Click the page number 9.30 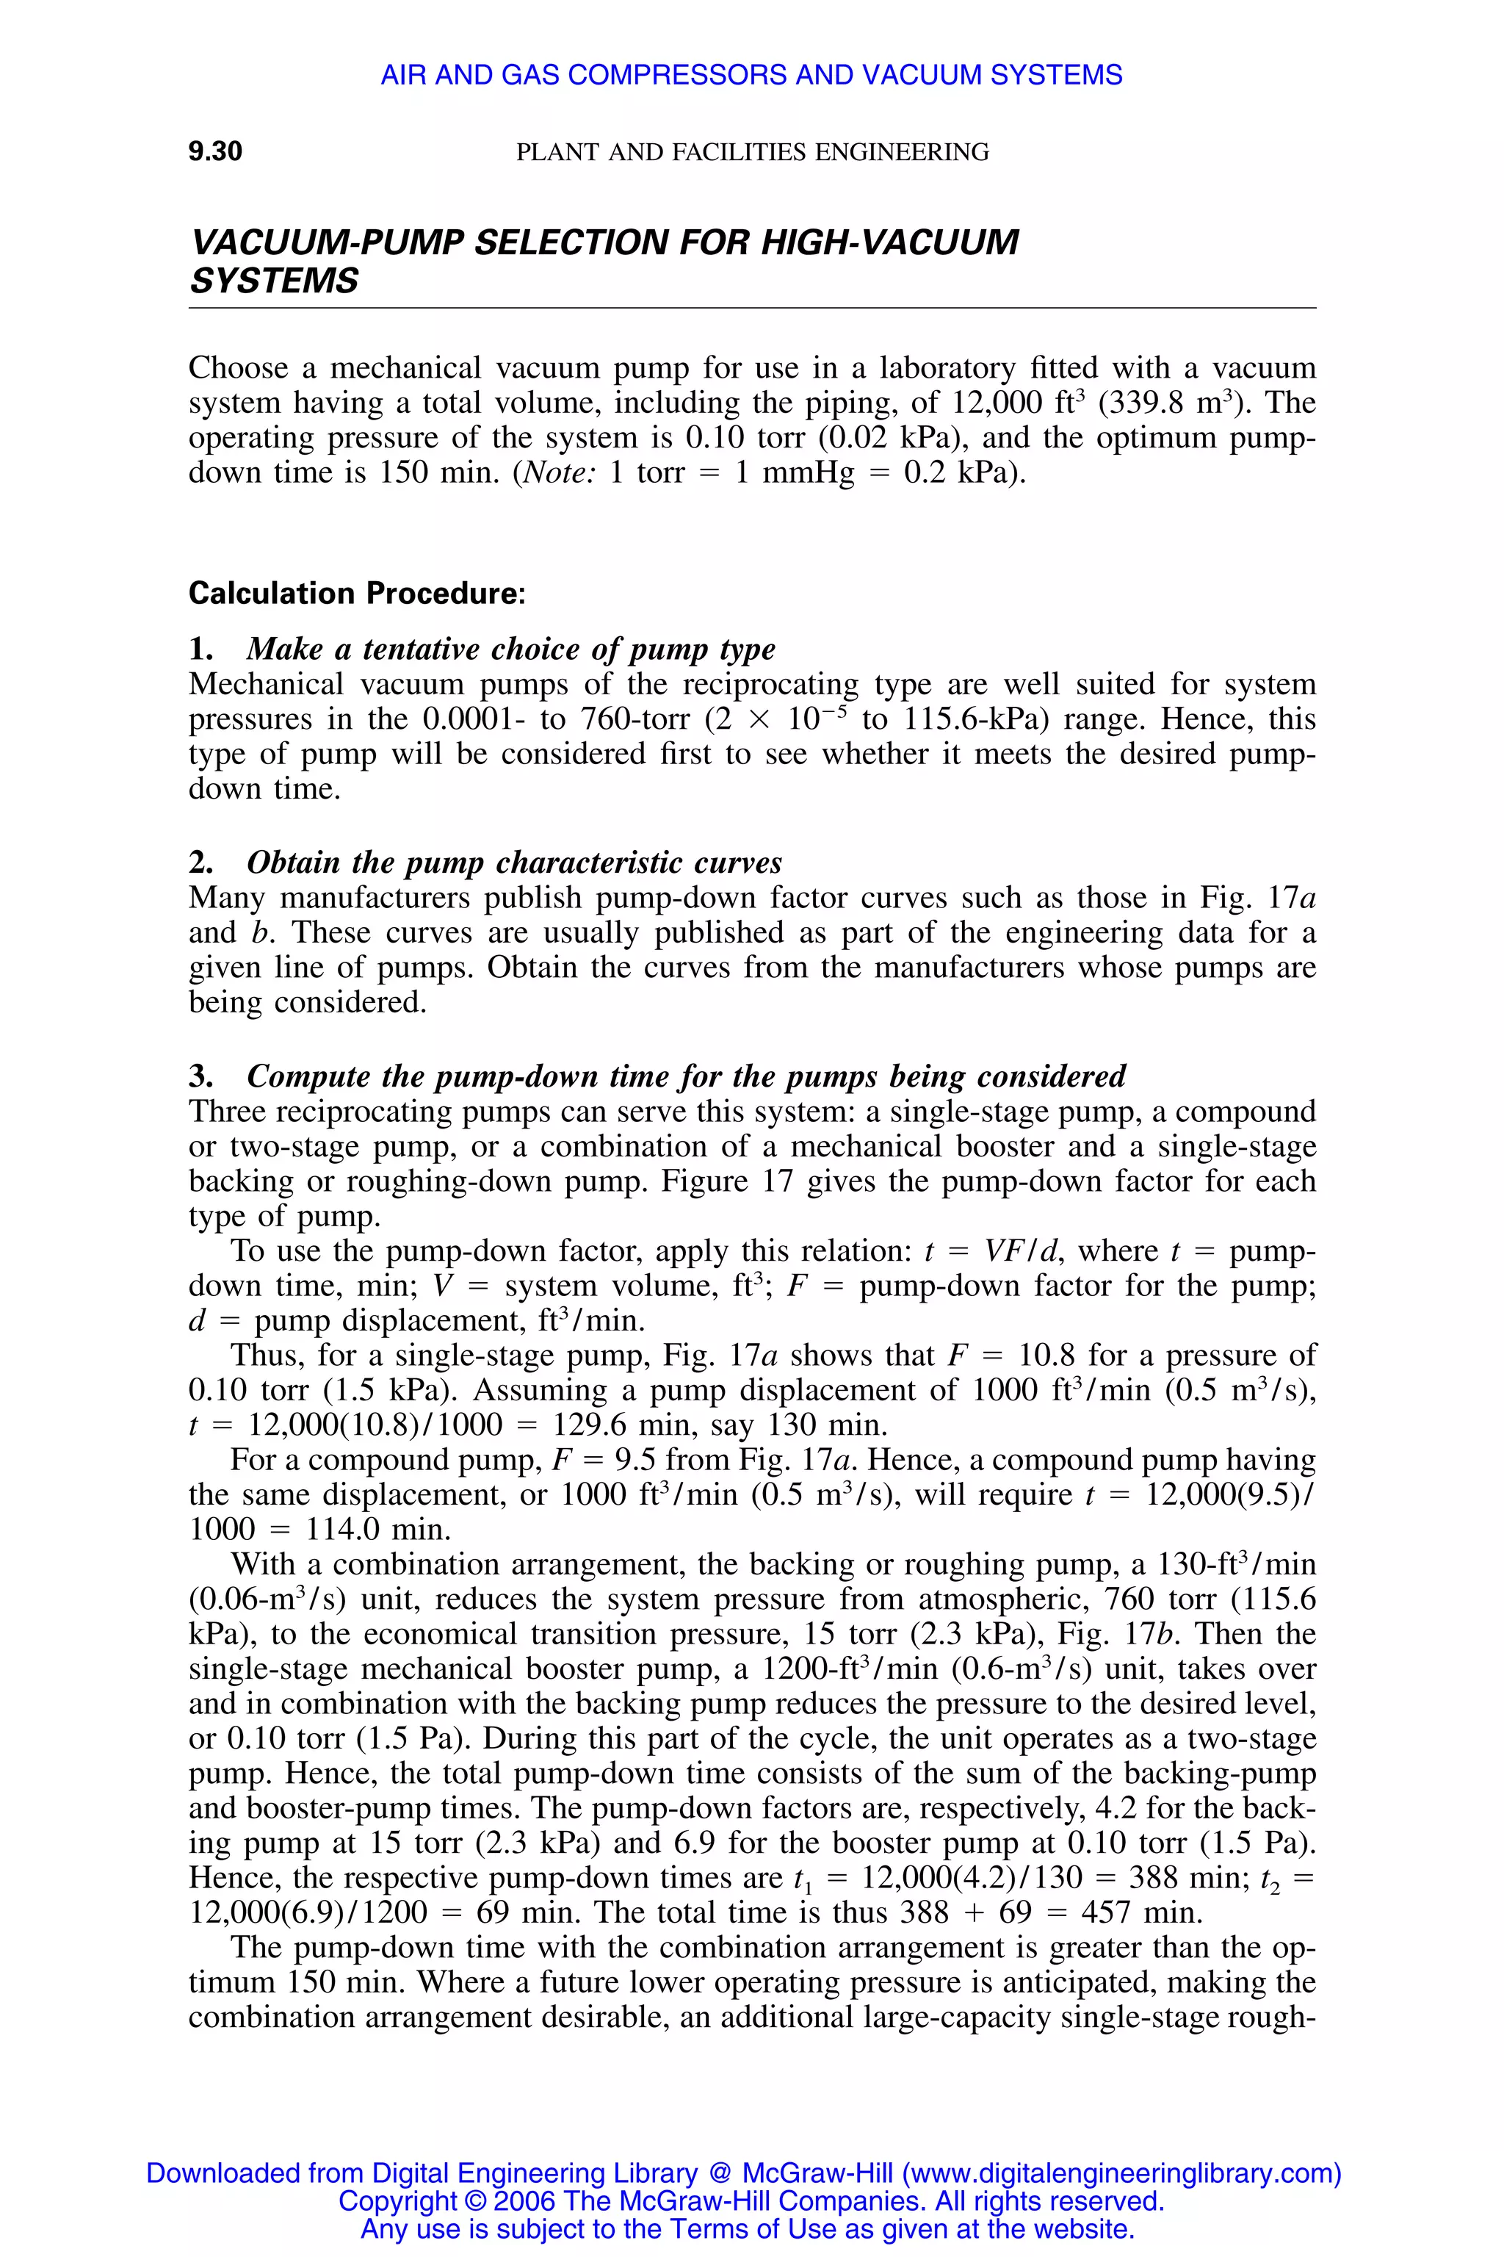tap(215, 151)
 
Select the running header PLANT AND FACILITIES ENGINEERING tap(752, 151)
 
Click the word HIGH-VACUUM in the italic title tap(889, 242)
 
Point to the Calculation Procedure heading tap(357, 593)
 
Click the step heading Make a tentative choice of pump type tap(510, 649)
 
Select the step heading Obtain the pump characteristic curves tap(514, 863)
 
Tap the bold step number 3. tap(200, 1076)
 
